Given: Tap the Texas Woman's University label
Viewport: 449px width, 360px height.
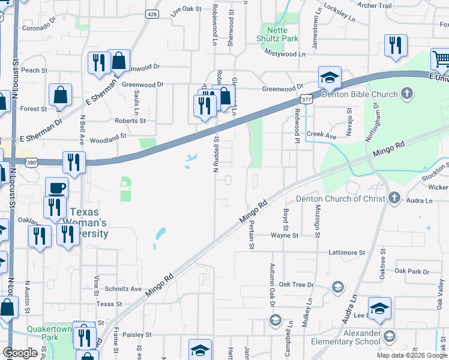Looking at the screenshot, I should [x=89, y=222].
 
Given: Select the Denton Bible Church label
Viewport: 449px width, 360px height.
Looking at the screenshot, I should [x=360, y=94].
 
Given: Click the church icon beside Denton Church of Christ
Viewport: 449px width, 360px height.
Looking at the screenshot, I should [x=394, y=197].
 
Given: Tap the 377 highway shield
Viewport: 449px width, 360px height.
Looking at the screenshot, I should [x=306, y=100].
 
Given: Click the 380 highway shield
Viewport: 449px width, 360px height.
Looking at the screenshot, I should [x=31, y=161].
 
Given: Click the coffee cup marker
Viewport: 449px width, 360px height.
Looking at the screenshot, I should [x=57, y=187].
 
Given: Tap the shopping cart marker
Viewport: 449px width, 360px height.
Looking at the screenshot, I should [x=440, y=59].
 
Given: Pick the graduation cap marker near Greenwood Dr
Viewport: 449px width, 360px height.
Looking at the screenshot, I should [x=330, y=76].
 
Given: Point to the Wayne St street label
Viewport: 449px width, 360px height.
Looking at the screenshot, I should [x=284, y=236].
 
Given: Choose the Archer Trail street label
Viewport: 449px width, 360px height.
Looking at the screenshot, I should [x=374, y=5].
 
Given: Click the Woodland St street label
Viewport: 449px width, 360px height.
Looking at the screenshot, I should [x=108, y=141].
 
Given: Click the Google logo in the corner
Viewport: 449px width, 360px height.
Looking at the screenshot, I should [x=20, y=353].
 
